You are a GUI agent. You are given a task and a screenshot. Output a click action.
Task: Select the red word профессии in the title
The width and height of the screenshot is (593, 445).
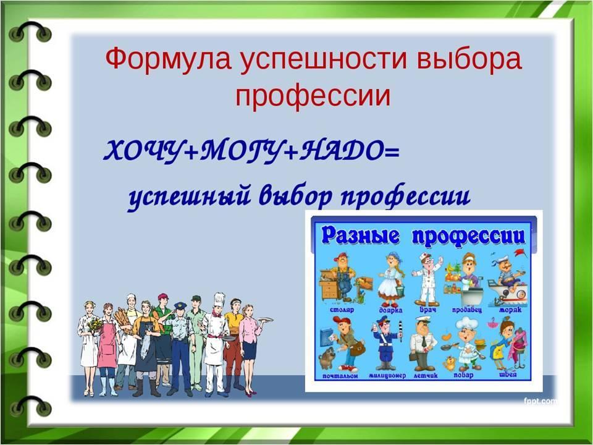click(313, 97)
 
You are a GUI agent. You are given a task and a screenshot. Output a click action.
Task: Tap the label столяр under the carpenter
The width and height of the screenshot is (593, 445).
click(342, 310)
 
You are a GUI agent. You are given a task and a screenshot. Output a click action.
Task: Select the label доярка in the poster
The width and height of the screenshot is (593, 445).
click(390, 310)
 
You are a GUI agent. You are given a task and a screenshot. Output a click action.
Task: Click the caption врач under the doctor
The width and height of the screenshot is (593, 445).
click(427, 310)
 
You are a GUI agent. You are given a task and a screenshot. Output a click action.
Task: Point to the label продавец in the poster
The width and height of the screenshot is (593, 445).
click(467, 310)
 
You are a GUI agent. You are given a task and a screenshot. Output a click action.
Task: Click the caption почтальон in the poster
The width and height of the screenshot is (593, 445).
click(340, 376)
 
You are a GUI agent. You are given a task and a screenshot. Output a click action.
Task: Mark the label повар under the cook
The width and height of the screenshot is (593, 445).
click(463, 375)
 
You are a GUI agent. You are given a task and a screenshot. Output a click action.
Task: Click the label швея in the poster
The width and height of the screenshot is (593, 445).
click(508, 375)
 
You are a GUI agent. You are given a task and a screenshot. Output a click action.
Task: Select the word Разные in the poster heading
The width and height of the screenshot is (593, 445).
click(360, 236)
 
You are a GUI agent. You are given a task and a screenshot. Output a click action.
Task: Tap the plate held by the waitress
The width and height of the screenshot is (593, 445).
click(265, 320)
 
